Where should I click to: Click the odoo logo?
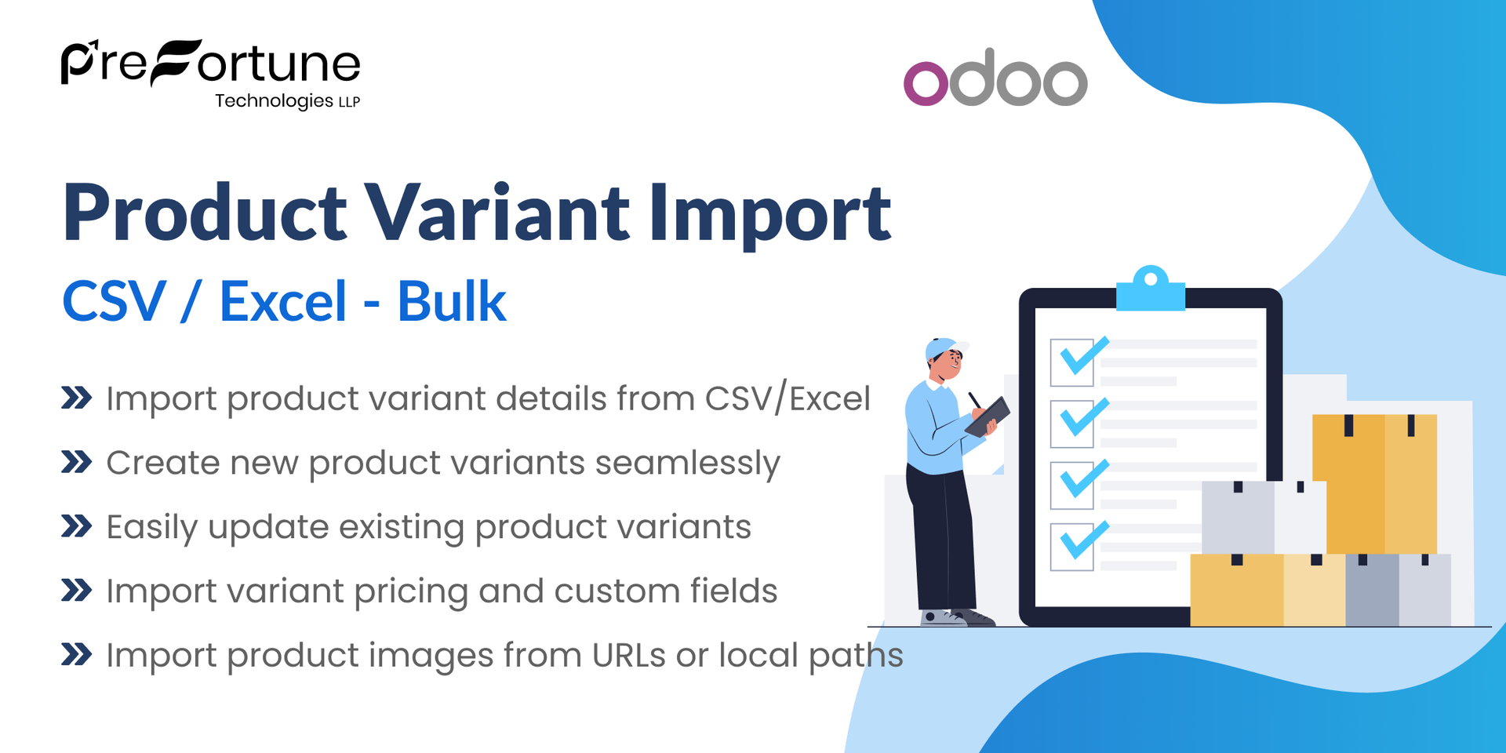point(995,78)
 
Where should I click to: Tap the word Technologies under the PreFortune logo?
point(274,101)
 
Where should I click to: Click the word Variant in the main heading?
point(499,213)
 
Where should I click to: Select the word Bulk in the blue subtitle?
point(451,301)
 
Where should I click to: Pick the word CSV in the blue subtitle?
point(115,301)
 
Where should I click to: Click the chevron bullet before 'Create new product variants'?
point(77,462)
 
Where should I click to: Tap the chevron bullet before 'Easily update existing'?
point(77,526)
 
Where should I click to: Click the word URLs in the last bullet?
point(629,655)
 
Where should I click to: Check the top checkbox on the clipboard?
point(1072,362)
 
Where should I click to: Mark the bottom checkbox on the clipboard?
point(1072,546)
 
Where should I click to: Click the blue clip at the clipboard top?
point(1151,289)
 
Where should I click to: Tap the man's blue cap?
point(943,347)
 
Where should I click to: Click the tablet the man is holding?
point(988,416)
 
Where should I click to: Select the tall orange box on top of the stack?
point(1374,482)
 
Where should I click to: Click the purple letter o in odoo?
point(926,83)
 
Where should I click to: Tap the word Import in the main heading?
point(769,214)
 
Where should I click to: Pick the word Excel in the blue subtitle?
point(282,301)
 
